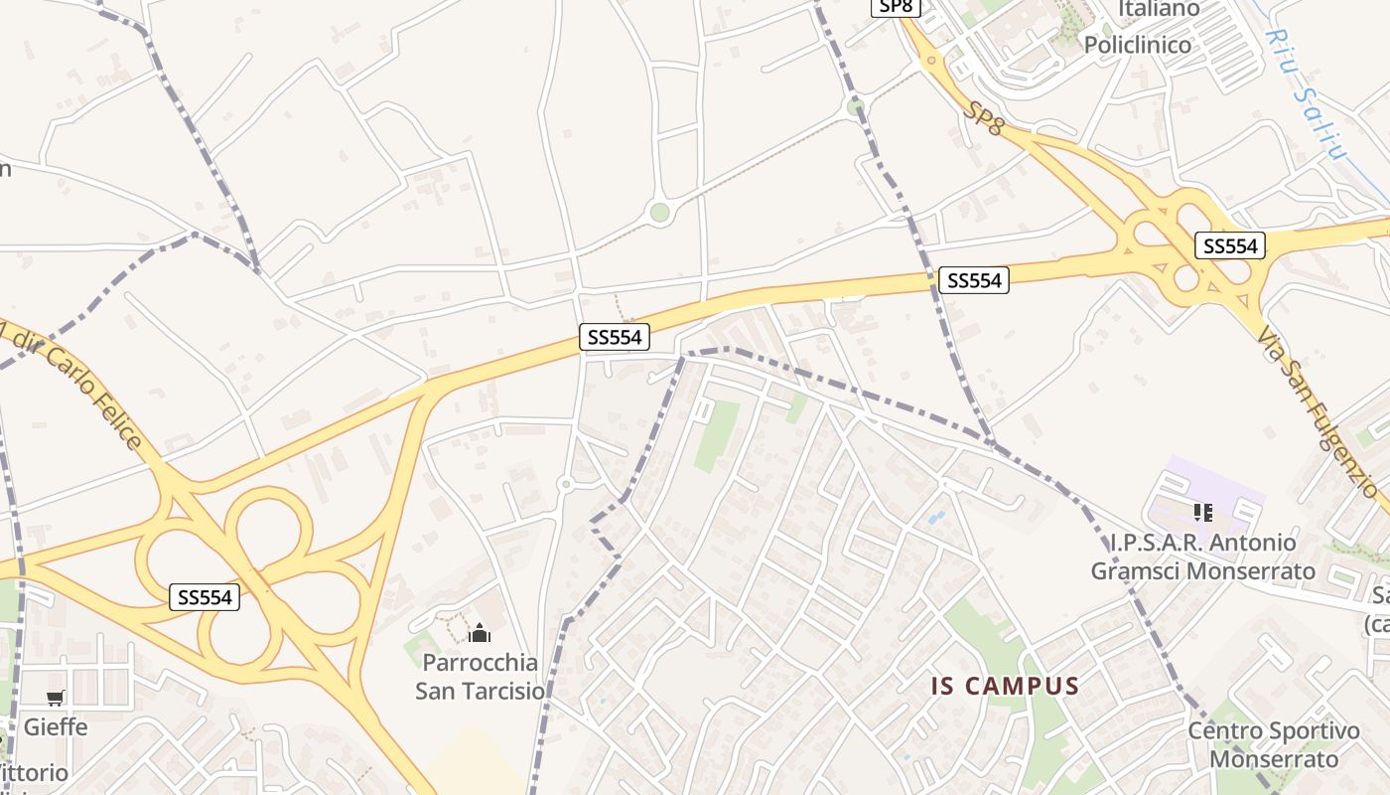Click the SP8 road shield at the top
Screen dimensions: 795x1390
[x=897, y=7]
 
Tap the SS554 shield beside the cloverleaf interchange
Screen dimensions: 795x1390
[x=206, y=596]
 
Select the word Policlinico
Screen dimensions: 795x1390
[x=1137, y=45]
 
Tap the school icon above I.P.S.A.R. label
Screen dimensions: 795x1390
[x=1203, y=513]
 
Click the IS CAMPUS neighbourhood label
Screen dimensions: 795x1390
[x=1005, y=686]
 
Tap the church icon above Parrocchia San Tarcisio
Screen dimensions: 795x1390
[x=480, y=633]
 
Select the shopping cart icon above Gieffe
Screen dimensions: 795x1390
[x=56, y=699]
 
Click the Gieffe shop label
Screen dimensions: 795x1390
[x=56, y=727]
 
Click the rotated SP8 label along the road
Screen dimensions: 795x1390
[x=983, y=116]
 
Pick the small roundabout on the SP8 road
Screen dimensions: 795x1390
[x=931, y=61]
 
